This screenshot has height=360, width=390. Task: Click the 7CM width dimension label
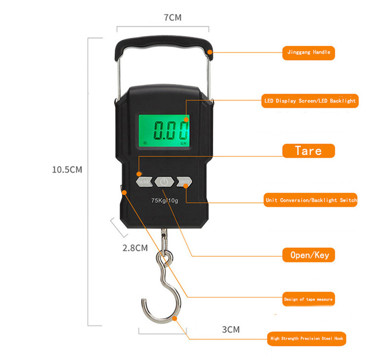click(172, 18)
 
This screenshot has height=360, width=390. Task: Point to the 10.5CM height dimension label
click(67, 170)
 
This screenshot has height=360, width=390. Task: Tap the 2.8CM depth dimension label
click(135, 248)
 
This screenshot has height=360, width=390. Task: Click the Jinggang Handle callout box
click(309, 52)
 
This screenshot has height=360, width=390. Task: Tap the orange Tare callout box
click(308, 151)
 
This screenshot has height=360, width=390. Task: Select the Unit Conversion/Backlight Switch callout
click(311, 200)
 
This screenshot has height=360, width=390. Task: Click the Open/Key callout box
click(309, 255)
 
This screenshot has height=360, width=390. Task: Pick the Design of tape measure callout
click(308, 299)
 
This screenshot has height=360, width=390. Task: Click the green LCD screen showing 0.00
click(165, 131)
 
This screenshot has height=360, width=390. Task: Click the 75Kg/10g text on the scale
click(164, 200)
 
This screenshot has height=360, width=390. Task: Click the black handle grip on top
click(163, 45)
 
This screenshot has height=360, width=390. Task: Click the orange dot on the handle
click(209, 52)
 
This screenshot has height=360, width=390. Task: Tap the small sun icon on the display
click(145, 144)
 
